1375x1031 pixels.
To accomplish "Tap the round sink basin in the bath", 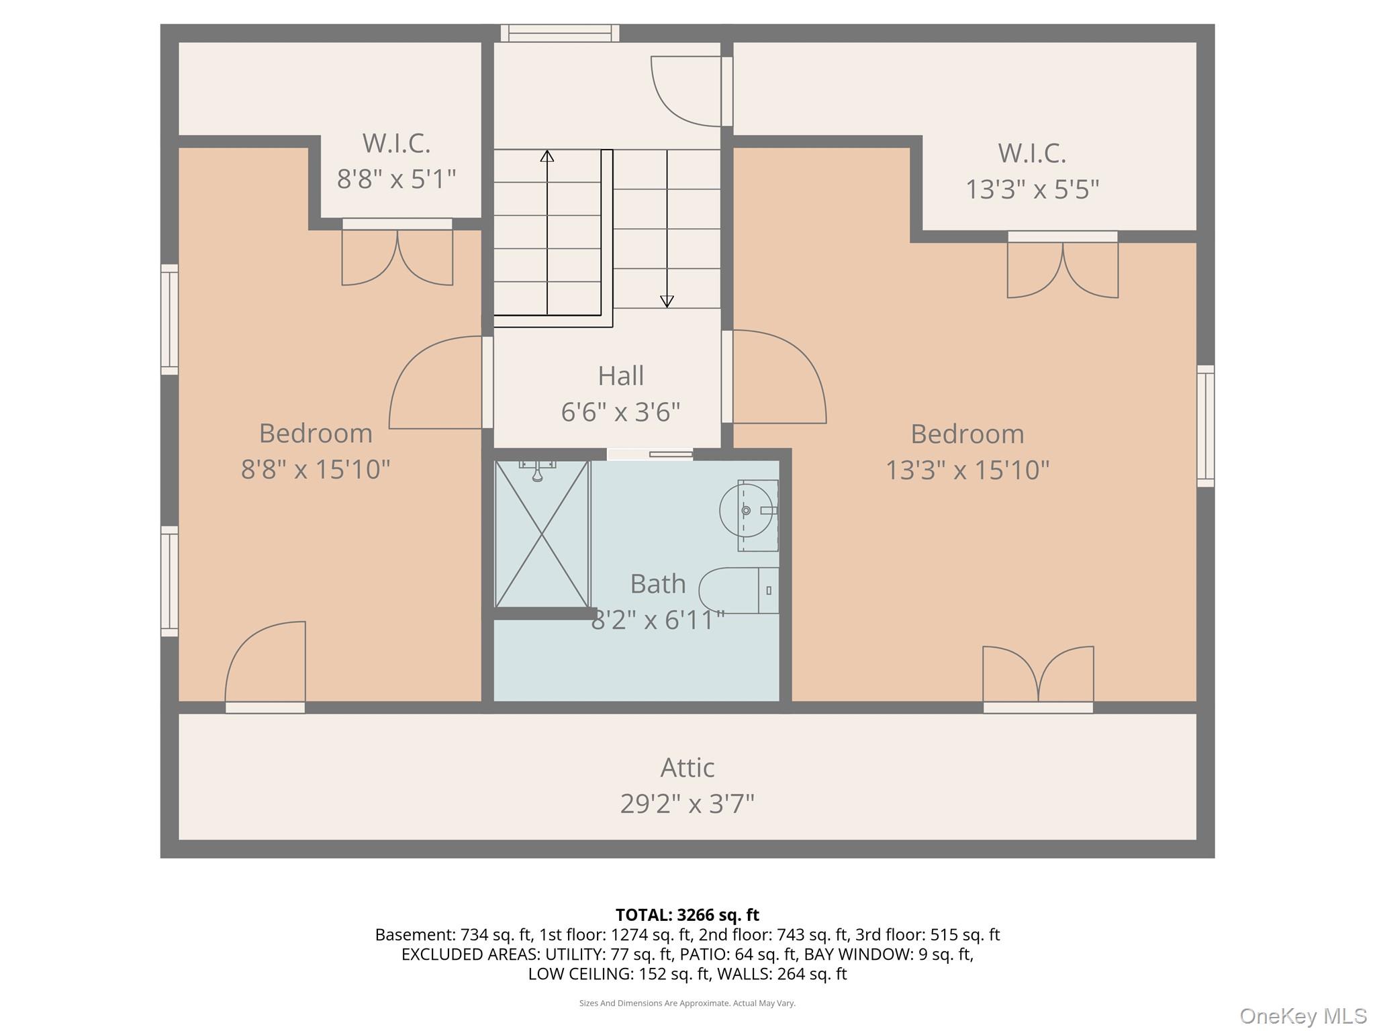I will tap(746, 511).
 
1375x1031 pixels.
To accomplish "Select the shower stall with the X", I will tap(541, 534).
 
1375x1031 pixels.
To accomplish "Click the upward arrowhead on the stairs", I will tap(547, 156).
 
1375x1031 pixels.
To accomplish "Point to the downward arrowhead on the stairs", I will tap(667, 301).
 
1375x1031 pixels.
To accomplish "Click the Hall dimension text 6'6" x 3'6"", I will tap(620, 411).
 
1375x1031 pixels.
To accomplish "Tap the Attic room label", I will tap(687, 767).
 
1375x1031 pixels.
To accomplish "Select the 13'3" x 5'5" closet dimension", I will tap(1032, 189).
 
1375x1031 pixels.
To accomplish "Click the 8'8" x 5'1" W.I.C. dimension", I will tap(396, 179).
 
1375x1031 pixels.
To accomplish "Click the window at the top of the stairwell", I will tap(560, 33).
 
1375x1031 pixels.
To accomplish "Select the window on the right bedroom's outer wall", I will tap(1205, 426).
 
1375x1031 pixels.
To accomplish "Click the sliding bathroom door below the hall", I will tap(650, 454).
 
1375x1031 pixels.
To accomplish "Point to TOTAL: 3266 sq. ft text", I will tap(687, 915).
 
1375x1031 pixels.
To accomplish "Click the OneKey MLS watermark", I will tap(1302, 1016).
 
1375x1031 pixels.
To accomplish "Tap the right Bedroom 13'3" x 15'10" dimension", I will tap(967, 470).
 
